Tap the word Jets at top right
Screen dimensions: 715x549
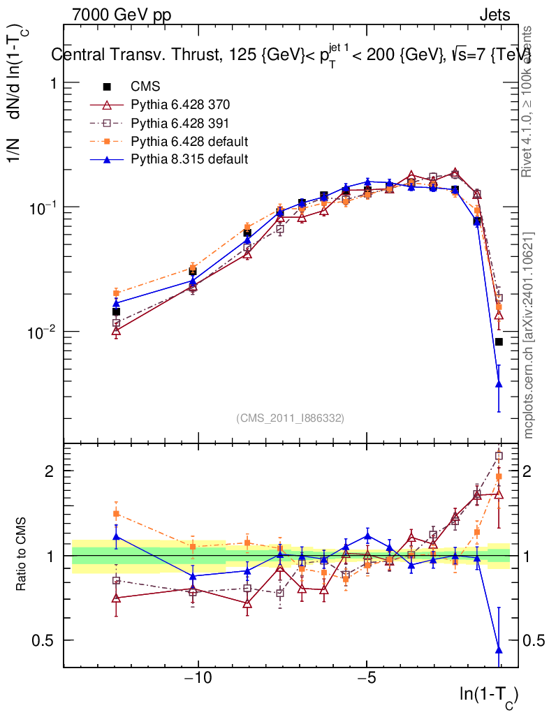coord(494,15)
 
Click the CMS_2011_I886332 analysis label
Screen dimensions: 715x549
coord(290,418)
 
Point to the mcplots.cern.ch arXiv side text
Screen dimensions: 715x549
coord(529,335)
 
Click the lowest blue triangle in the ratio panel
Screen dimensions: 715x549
coord(499,650)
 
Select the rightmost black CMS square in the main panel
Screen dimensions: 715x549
coord(499,341)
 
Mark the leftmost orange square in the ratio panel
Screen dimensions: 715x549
coord(117,513)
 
